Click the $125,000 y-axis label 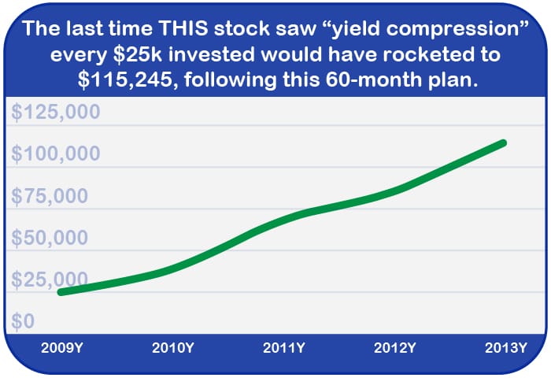[x=57, y=112]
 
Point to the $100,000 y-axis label [x=57, y=154]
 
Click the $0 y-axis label [x=23, y=321]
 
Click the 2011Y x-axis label [x=283, y=347]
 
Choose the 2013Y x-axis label [x=505, y=347]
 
